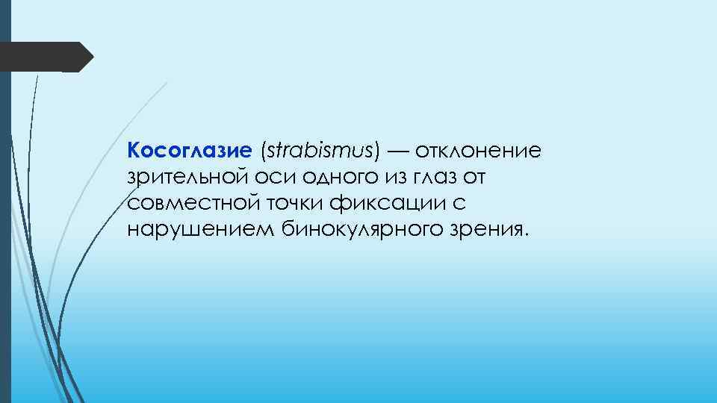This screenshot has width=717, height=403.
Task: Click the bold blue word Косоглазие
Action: [190, 152]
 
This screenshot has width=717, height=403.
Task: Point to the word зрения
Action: [483, 228]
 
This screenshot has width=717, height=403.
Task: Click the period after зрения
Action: [526, 234]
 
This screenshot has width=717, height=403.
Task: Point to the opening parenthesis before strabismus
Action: [263, 152]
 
